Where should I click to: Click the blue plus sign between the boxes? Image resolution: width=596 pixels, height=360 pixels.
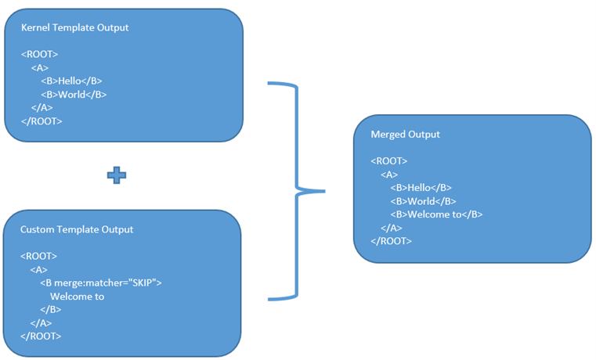coord(116,175)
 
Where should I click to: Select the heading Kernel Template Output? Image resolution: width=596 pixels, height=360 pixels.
coord(74,27)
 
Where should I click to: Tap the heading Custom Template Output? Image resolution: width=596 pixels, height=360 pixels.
coord(76,229)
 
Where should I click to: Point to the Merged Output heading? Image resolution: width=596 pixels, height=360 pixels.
coord(405,134)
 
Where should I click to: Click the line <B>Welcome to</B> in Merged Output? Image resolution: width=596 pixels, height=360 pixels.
coord(436,214)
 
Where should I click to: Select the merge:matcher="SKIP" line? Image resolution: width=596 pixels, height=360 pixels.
coord(100,283)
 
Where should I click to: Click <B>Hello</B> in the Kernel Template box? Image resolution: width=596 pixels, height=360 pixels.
coord(71,81)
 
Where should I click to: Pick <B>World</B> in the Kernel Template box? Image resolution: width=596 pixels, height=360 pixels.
coord(73,94)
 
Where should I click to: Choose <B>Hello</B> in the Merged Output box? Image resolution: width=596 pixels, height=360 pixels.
coord(421,188)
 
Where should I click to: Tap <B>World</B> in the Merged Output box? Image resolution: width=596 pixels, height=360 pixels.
coord(422,201)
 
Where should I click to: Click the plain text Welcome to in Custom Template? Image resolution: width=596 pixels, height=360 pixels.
coord(77,296)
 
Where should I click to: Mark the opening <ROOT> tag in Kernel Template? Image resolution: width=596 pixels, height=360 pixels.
coord(39,54)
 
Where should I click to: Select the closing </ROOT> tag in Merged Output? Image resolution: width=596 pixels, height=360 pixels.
coord(391,241)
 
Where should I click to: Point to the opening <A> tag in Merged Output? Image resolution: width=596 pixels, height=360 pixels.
coord(388,175)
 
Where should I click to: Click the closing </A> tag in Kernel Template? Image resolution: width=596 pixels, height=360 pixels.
coord(42,107)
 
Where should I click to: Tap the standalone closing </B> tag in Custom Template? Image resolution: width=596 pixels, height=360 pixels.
coord(50,309)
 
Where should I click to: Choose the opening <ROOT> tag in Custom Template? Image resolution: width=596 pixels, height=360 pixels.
coord(38,256)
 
